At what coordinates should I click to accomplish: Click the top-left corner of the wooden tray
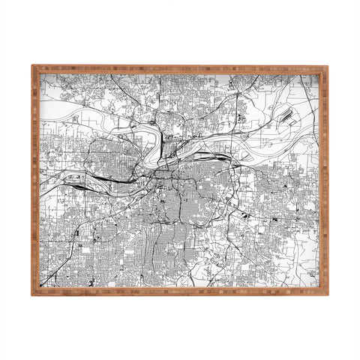(33, 67)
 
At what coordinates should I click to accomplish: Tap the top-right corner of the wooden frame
(327, 67)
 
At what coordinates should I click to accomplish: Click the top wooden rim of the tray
(180, 69)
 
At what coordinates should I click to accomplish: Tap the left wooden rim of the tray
(35, 180)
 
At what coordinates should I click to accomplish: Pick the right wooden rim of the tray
(325, 180)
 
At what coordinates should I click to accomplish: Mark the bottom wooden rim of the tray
(180, 291)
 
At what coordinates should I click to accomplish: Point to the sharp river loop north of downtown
(158, 137)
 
